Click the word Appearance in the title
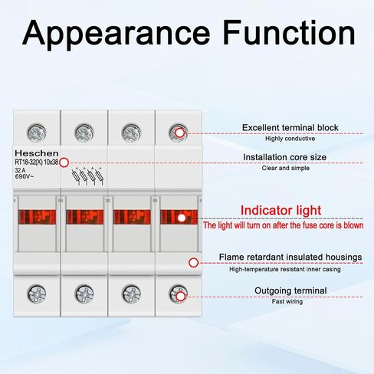click(x=116, y=34)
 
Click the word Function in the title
click(x=289, y=32)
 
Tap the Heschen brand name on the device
click(x=37, y=153)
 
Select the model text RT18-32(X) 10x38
click(x=37, y=162)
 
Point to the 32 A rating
click(x=20, y=170)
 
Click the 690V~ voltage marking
click(x=25, y=176)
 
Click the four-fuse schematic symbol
click(x=87, y=176)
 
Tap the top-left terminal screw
click(x=37, y=133)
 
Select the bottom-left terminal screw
click(x=37, y=294)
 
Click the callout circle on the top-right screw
click(x=180, y=133)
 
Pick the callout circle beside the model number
click(x=64, y=162)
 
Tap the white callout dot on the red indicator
click(x=182, y=218)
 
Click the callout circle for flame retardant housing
click(x=194, y=263)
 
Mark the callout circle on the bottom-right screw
click(x=181, y=297)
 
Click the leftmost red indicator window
click(x=37, y=217)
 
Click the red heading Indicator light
click(x=280, y=211)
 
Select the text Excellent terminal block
click(x=290, y=127)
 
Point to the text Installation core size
click(x=284, y=157)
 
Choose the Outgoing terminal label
click(x=290, y=290)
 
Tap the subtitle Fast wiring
click(x=287, y=302)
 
